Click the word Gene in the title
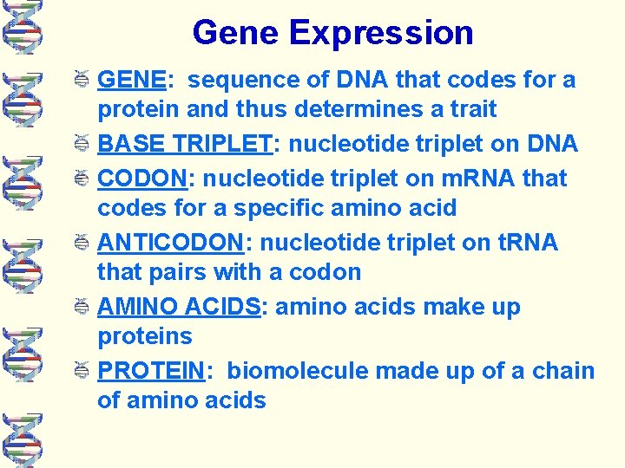[236, 33]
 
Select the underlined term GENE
[132, 81]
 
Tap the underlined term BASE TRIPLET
[185, 145]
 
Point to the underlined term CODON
[143, 179]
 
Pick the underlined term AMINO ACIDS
[179, 307]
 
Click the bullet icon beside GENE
[82, 81]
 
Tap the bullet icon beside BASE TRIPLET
[82, 145]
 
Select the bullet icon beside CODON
[82, 179]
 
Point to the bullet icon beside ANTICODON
[82, 243]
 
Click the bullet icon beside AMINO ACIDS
[82, 307]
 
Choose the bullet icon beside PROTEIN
[82, 371]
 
